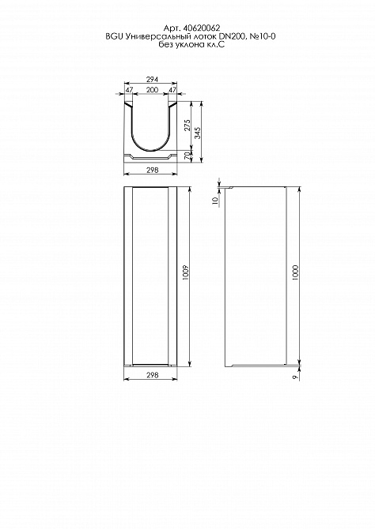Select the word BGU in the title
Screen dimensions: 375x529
112,36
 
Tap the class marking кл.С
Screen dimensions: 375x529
215,44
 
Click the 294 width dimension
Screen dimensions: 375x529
152,80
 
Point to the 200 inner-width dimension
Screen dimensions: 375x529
152,90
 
